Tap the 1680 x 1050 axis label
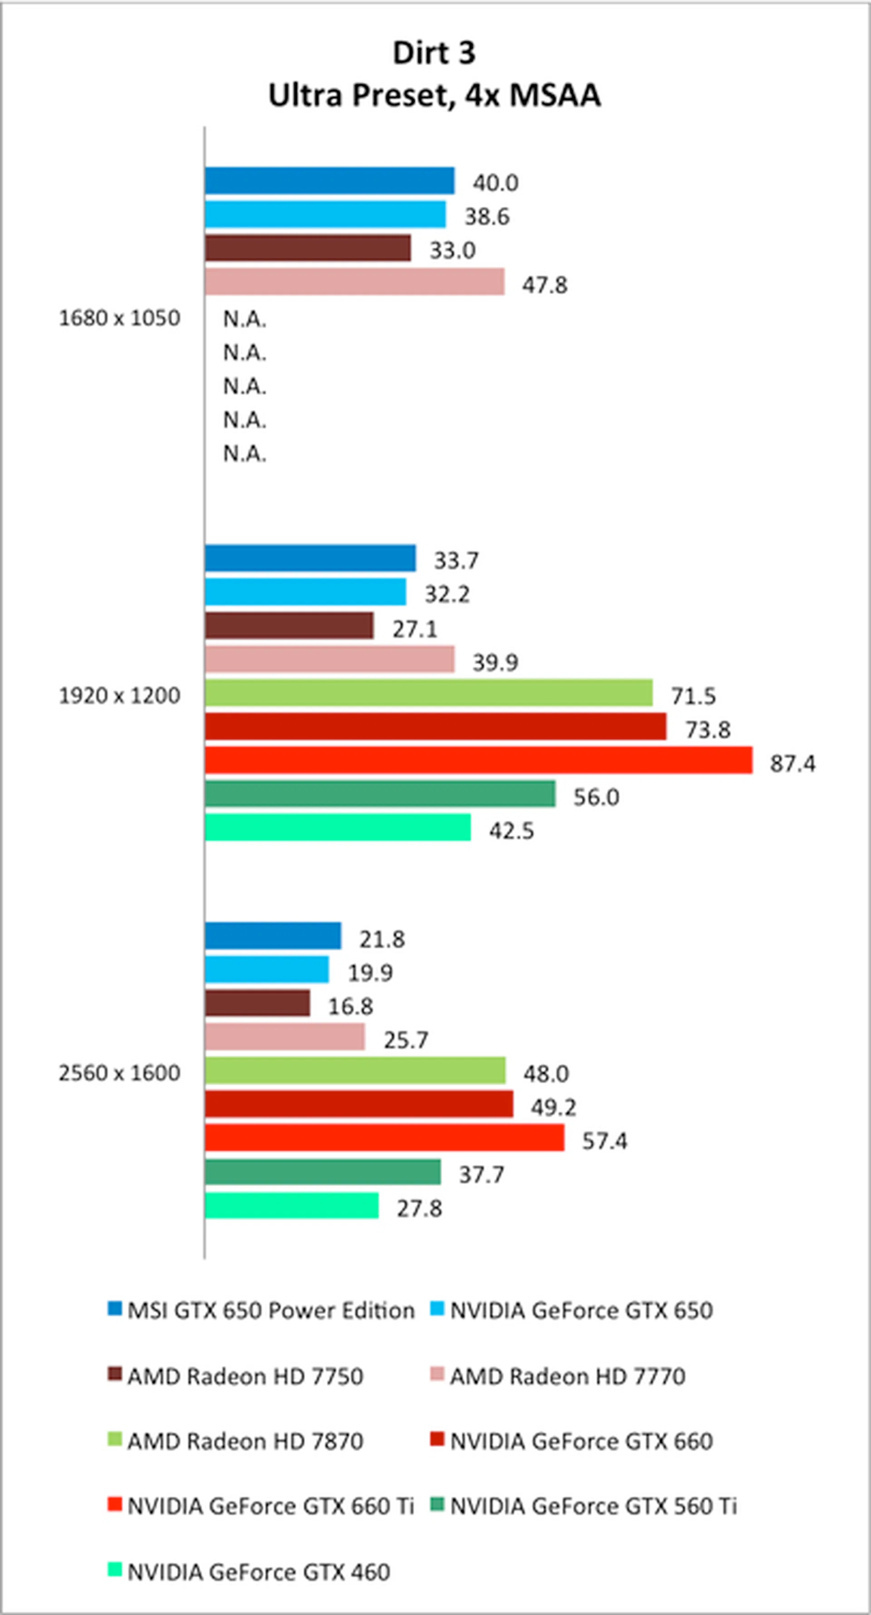119,318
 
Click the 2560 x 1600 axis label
119,1073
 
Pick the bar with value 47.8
354,282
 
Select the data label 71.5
693,696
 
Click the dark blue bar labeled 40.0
329,180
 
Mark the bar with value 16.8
257,1003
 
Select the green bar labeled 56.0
379,794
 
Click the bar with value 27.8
292,1206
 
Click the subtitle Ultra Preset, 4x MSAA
434,95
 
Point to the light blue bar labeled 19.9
266,969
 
